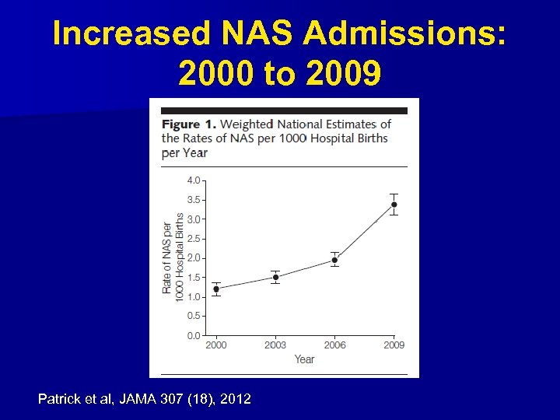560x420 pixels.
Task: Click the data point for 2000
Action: click(x=216, y=289)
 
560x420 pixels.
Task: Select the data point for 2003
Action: click(x=275, y=277)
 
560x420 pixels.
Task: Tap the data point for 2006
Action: click(x=334, y=260)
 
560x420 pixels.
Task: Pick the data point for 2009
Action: click(x=394, y=205)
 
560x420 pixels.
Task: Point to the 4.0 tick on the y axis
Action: click(x=193, y=180)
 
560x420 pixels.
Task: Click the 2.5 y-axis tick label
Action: click(x=193, y=239)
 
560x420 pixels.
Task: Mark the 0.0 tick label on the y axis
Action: click(x=193, y=336)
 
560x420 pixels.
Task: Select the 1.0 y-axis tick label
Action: click(x=193, y=297)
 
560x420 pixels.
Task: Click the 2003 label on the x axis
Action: click(x=275, y=345)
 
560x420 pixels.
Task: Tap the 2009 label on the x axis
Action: click(x=394, y=345)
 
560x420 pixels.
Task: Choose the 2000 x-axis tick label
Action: click(x=216, y=345)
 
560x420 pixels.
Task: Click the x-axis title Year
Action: click(x=304, y=359)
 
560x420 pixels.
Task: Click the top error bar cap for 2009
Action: click(x=394, y=194)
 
